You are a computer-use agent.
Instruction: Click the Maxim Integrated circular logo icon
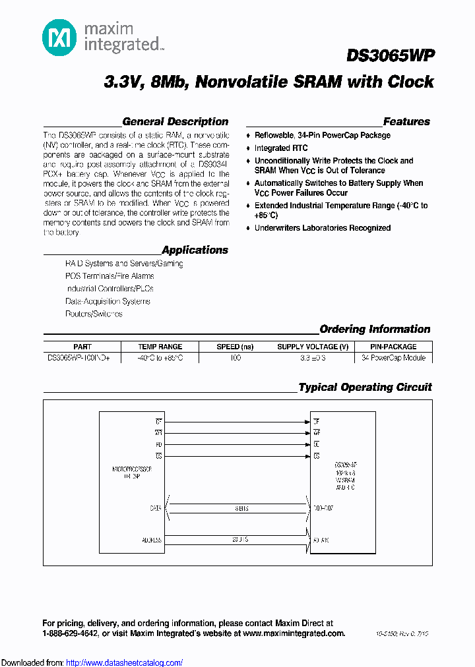click(x=59, y=38)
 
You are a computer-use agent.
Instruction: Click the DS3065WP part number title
click(x=389, y=57)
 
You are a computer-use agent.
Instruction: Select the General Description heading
click(x=175, y=121)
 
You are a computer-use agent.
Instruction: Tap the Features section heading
click(x=406, y=121)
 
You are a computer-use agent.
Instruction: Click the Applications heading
click(x=195, y=250)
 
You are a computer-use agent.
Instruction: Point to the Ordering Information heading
click(x=375, y=329)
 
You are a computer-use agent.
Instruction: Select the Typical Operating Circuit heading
click(x=365, y=387)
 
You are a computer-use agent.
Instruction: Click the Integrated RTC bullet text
click(x=281, y=148)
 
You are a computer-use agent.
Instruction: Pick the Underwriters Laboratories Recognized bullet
click(x=323, y=228)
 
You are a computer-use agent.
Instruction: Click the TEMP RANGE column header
click(x=160, y=347)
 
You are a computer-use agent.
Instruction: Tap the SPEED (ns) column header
click(x=235, y=347)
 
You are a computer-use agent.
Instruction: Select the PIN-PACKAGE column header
click(x=393, y=347)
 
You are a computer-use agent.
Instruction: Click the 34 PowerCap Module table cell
click(x=393, y=358)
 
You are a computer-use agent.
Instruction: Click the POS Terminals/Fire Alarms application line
click(x=110, y=276)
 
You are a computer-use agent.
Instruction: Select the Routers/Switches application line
click(x=94, y=314)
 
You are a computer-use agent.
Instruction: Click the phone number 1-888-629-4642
click(x=70, y=633)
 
